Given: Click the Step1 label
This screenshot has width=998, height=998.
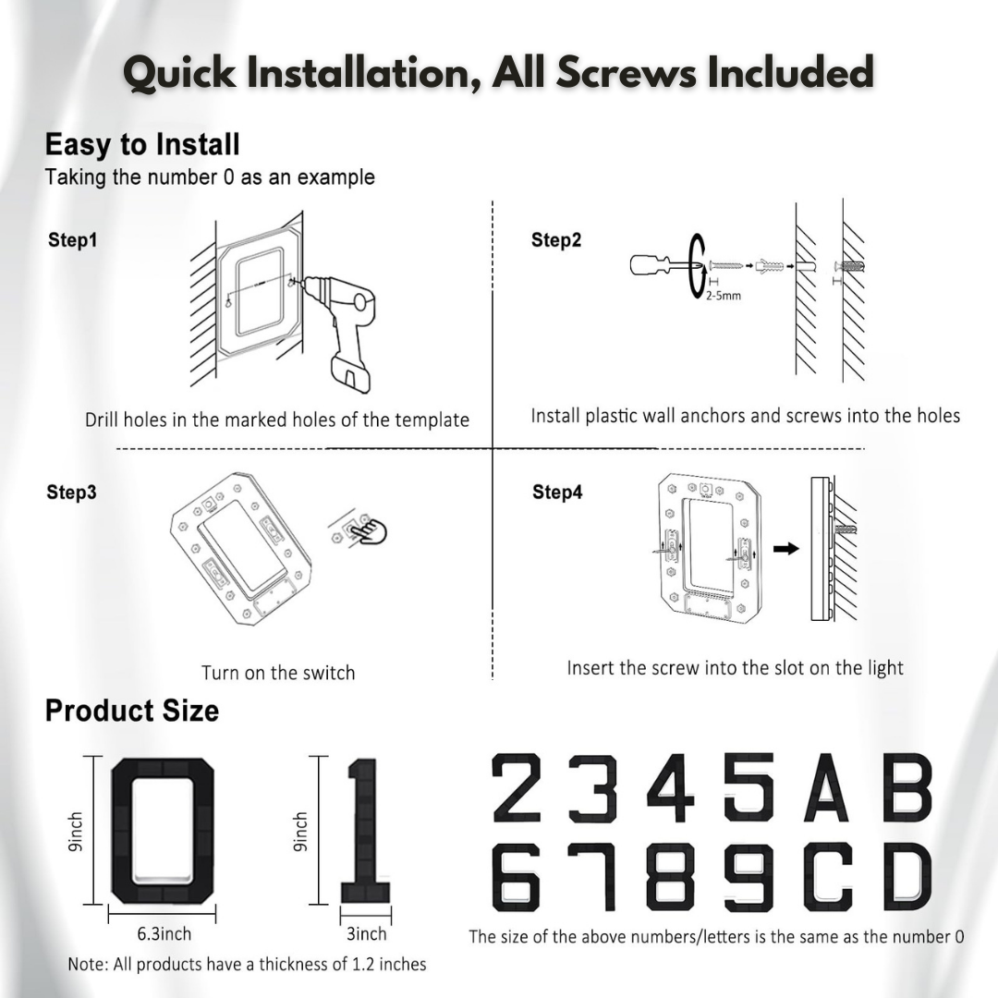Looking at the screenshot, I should (x=72, y=240).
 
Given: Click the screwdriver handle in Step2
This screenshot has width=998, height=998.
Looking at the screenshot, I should (x=652, y=265).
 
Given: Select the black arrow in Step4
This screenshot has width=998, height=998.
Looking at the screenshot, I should (x=785, y=548).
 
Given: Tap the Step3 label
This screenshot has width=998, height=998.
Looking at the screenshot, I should (x=72, y=493).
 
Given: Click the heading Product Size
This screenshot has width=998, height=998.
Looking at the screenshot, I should (x=132, y=711).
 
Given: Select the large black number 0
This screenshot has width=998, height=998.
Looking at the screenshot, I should (x=163, y=832).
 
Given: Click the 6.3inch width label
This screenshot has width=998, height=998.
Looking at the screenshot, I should (x=164, y=933).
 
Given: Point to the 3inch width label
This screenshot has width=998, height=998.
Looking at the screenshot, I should (x=366, y=933).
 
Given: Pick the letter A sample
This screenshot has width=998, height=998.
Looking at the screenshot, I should (x=825, y=788).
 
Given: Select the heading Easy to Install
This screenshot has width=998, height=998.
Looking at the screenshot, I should (x=142, y=145).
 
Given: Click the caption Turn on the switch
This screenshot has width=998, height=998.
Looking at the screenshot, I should (x=278, y=673).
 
